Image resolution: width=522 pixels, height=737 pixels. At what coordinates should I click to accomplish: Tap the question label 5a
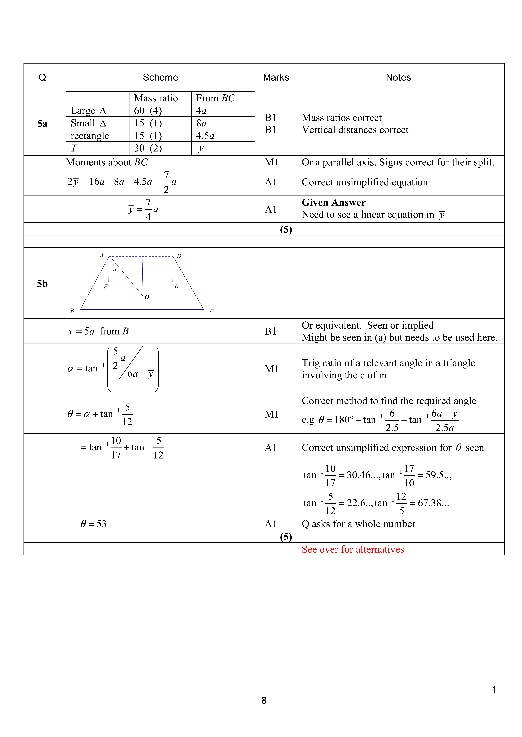click(x=42, y=124)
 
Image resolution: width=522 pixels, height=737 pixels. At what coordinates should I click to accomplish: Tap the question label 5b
click(x=42, y=284)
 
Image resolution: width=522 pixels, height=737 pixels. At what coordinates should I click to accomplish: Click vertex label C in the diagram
click(x=212, y=311)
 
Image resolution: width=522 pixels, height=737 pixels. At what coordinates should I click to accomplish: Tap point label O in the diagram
click(x=147, y=297)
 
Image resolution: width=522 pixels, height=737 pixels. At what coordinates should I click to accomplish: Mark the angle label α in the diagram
click(x=115, y=270)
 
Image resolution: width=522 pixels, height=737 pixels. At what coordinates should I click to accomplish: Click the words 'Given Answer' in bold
click(x=333, y=203)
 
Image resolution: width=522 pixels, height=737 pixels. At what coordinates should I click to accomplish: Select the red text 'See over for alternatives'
click(x=353, y=549)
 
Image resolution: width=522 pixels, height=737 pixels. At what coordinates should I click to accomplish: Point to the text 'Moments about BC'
click(x=107, y=162)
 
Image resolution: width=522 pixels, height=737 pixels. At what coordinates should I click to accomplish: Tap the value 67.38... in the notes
click(x=433, y=503)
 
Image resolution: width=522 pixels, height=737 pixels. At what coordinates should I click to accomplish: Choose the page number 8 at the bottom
click(x=264, y=700)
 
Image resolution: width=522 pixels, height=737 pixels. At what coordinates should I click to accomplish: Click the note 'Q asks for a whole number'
click(x=358, y=524)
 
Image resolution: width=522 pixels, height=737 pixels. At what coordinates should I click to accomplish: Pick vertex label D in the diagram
click(x=179, y=256)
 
